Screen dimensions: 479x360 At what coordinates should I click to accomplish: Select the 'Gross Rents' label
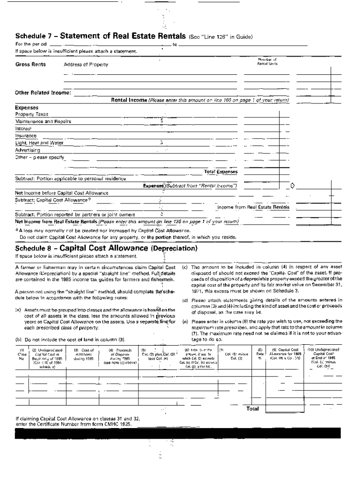coord(30,64)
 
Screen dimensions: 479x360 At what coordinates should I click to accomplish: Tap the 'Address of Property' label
coord(86,65)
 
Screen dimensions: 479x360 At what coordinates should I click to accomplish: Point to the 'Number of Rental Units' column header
coord(267,61)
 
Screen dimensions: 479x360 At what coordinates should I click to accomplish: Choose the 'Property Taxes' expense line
coord(32,114)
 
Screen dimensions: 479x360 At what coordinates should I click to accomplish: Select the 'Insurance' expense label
coord(26,136)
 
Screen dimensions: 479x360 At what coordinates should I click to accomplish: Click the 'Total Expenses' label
coord(221,172)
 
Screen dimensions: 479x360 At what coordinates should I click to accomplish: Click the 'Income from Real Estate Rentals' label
coord(253,207)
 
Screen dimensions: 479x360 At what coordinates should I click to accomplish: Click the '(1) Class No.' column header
coord(21,353)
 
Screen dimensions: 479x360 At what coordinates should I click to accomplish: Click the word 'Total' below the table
coord(252,408)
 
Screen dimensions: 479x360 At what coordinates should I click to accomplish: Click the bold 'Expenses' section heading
coord(27,107)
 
